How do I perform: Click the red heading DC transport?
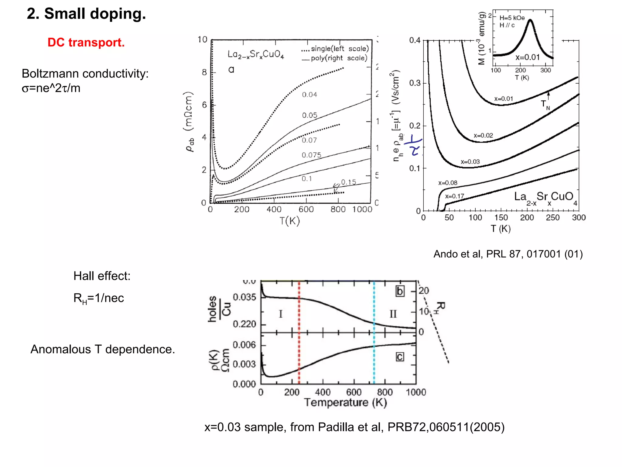tap(86, 42)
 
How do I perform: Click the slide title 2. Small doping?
tap(86, 14)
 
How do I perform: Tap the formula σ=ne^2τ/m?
tap(51, 88)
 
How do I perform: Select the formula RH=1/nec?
tap(98, 298)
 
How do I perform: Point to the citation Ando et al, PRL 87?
tap(508, 254)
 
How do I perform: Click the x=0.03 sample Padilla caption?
tap(354, 427)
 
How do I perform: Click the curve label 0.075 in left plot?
tap(311, 155)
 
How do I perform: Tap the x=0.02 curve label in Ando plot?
tap(483, 135)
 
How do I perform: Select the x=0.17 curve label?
tap(455, 196)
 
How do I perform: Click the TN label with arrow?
tap(545, 104)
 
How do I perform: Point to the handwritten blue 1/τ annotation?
tap(414, 145)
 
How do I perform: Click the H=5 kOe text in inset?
tap(512, 18)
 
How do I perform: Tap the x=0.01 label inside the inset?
tap(527, 57)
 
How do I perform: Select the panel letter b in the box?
tap(400, 291)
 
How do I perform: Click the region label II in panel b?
tap(393, 314)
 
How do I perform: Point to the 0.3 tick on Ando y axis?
tap(415, 83)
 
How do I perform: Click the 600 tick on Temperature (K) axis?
tap(354, 392)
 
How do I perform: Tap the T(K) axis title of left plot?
tap(289, 221)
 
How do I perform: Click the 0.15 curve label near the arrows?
tap(348, 182)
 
